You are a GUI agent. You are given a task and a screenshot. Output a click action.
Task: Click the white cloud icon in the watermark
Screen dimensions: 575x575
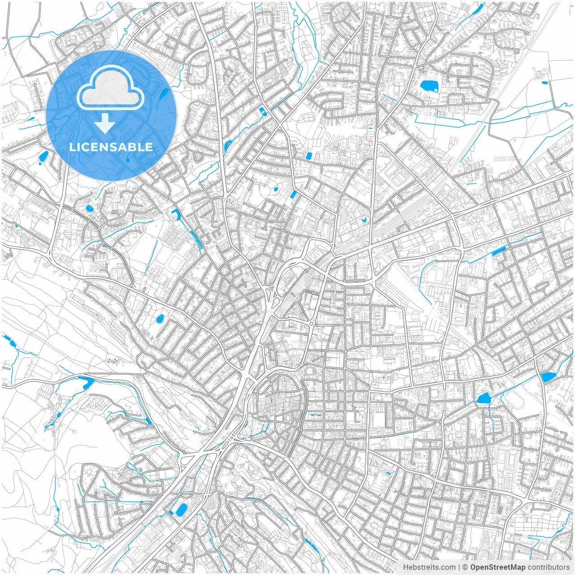tap(111, 87)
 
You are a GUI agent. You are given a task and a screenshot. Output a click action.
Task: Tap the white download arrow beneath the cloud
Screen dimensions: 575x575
tap(105, 123)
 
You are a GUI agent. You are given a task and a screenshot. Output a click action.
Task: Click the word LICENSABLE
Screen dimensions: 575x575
tap(111, 147)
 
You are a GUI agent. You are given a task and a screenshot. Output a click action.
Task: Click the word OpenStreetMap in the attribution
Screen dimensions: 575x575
tap(497, 567)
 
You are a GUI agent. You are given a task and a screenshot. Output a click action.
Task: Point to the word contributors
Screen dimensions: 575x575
tap(548, 567)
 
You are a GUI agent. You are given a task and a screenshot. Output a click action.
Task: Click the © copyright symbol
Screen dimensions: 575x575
tap(465, 567)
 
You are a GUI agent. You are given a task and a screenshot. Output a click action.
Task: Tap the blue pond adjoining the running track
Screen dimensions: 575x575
tap(483, 398)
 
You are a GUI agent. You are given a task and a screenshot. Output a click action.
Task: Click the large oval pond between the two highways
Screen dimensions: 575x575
tap(181, 510)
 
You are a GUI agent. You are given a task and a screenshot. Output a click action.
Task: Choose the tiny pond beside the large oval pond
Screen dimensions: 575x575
tap(171, 512)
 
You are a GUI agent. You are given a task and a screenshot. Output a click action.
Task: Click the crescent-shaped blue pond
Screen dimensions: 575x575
tap(364, 220)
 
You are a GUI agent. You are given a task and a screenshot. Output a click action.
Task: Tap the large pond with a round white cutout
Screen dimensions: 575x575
tap(429, 85)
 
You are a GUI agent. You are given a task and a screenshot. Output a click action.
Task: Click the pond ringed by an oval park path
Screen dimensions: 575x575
tap(159, 319)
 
